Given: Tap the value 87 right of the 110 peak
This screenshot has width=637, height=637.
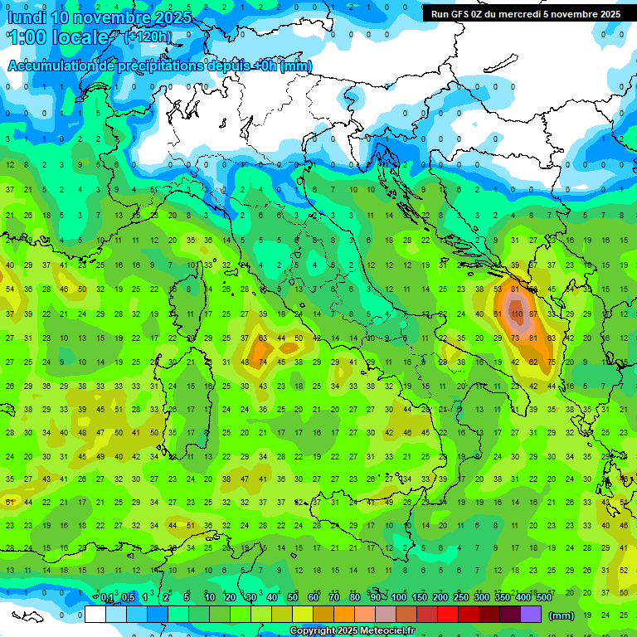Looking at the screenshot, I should [533, 314].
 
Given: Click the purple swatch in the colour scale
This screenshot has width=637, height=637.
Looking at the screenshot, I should [531, 615].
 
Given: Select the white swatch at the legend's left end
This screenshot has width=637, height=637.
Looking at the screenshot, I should [95, 615].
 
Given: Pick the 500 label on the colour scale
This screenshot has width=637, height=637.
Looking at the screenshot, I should [543, 598].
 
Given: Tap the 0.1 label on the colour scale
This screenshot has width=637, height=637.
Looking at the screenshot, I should [107, 598].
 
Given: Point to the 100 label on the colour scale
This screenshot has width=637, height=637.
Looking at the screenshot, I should [399, 598].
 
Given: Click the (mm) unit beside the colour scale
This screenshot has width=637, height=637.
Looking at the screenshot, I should [562, 615].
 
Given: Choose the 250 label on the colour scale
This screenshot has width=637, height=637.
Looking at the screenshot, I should [461, 598].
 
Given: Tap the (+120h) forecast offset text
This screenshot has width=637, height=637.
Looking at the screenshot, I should [148, 36].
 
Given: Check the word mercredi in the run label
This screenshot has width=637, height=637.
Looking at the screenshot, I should [538, 14].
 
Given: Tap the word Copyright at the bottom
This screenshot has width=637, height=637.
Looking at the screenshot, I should [311, 631].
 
